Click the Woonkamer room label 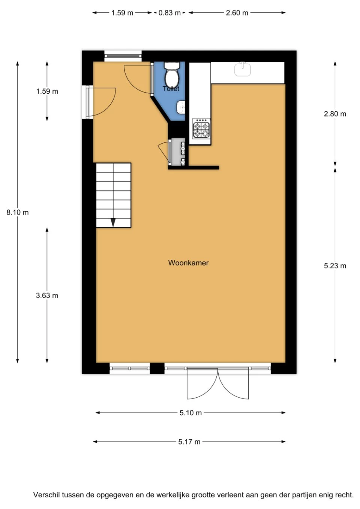[188, 263]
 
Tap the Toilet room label [171, 88]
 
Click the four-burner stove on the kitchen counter [201, 129]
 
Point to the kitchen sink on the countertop [243, 69]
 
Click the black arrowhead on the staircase [113, 223]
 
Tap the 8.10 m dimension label [18, 213]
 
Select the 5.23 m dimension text [335, 266]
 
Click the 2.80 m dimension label [335, 114]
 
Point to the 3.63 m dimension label [47, 295]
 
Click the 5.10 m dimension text [190, 413]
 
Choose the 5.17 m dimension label [189, 442]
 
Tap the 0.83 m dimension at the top [169, 13]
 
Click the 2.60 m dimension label [237, 13]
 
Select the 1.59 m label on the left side [47, 91]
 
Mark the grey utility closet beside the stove [178, 152]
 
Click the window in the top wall [123, 56]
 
